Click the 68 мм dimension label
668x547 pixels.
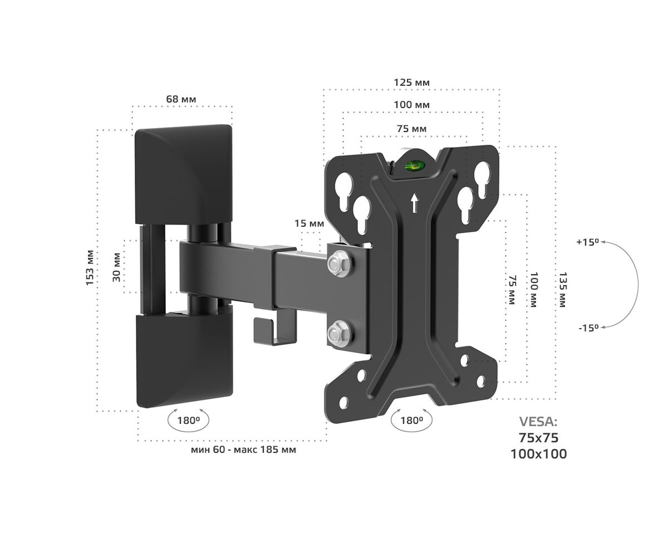click(181, 99)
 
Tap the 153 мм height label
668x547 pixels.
click(90, 268)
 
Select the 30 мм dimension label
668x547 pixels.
click(116, 267)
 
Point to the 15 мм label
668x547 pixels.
click(309, 223)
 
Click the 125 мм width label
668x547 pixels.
click(411, 82)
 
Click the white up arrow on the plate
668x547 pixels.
click(414, 203)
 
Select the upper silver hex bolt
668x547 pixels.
click(340, 263)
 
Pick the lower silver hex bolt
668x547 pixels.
click(340, 334)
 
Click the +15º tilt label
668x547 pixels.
click(587, 242)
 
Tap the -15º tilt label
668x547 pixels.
click(588, 328)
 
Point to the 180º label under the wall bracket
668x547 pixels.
click(188, 421)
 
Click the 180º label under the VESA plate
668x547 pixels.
click(411, 421)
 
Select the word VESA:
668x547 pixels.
click(538, 422)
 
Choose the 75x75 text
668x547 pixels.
click(538, 438)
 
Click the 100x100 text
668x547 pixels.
click(538, 454)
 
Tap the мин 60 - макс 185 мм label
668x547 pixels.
click(243, 450)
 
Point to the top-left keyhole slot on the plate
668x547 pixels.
click(343, 192)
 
